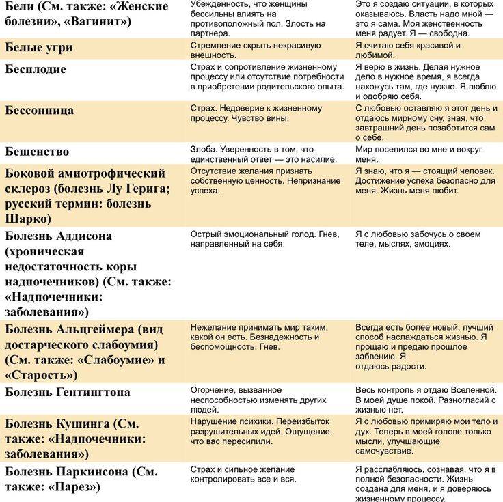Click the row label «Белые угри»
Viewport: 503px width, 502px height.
[39, 48]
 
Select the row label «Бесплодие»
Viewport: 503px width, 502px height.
[36, 69]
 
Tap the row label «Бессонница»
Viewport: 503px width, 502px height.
[40, 110]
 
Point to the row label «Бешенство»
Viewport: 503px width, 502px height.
[37, 151]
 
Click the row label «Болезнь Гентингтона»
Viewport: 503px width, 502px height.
[68, 392]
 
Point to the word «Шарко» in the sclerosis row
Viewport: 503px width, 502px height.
[29, 219]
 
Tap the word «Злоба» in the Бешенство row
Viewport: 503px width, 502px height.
[203, 149]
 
